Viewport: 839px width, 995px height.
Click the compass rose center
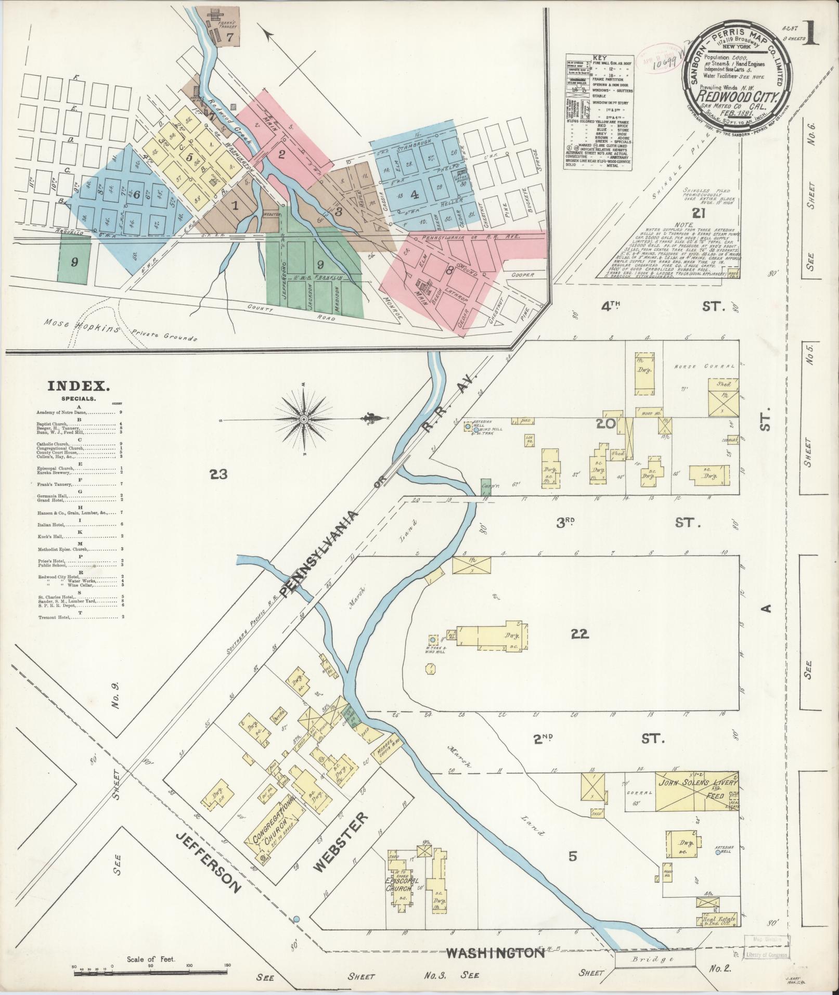coord(303,419)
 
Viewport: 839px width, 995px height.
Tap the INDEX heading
coord(79,386)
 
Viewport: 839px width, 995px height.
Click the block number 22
coord(579,634)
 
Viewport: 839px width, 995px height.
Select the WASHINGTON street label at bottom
coord(495,953)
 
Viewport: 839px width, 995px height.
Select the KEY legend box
coord(599,111)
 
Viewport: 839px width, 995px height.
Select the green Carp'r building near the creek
coord(486,486)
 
